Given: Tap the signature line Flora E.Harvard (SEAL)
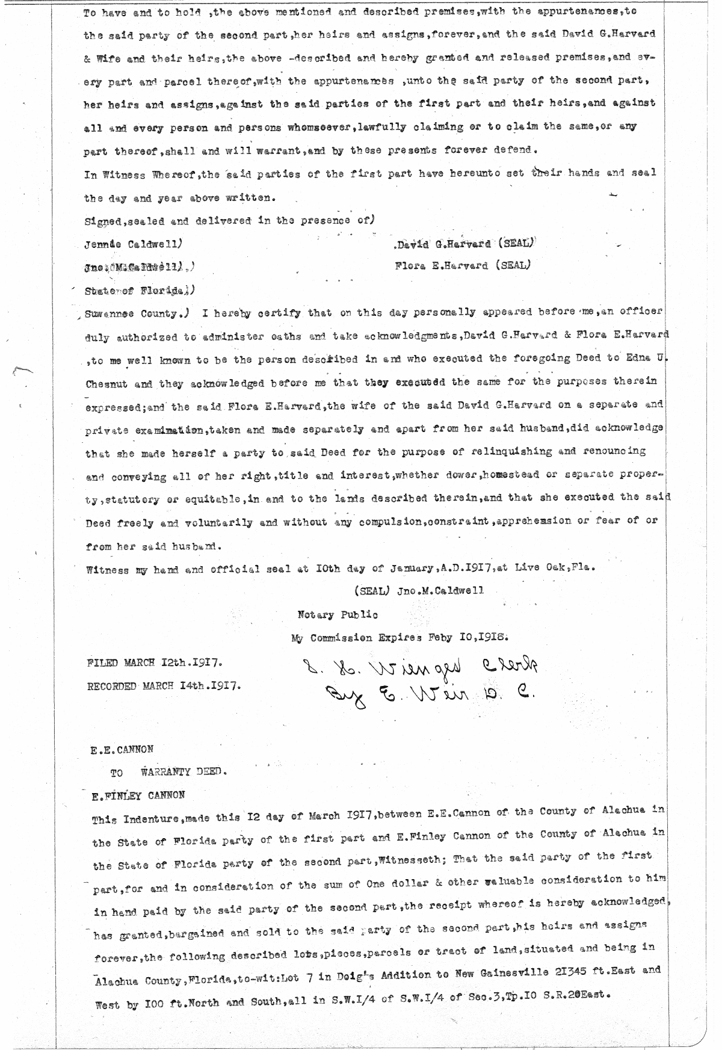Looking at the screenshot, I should tap(463, 265).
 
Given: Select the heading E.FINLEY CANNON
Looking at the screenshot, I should tap(138, 795).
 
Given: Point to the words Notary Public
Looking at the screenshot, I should tap(338, 615).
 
